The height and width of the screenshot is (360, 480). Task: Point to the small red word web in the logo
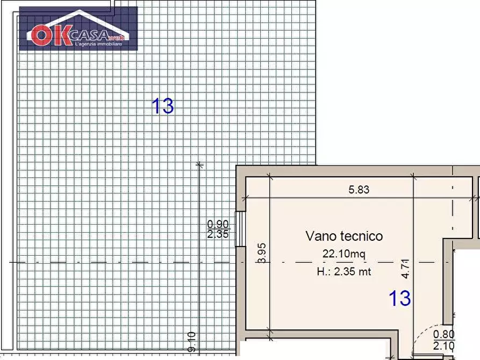pos(115,38)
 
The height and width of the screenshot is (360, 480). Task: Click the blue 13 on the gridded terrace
pos(162,106)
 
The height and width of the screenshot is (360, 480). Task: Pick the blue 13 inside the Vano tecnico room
pos(399,298)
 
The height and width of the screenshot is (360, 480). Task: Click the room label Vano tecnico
pos(344,236)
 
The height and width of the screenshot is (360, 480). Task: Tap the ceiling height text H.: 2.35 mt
pos(344,271)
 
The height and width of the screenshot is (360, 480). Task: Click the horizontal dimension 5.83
pos(359,190)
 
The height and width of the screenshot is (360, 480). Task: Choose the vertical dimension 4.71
pos(406,268)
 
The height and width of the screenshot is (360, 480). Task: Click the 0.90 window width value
pos(218,225)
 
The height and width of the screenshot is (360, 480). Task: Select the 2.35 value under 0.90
pos(218,234)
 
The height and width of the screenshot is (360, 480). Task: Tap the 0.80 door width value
pos(443,335)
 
